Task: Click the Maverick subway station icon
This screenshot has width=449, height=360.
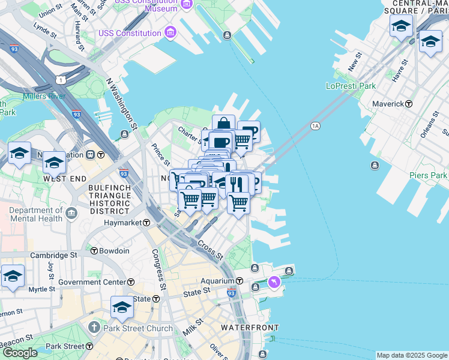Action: click(x=409, y=104)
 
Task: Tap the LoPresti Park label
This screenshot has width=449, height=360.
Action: click(x=351, y=86)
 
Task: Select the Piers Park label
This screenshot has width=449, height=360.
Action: click(x=429, y=175)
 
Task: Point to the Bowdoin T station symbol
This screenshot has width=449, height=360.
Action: click(x=94, y=251)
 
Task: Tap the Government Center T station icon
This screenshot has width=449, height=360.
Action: click(x=130, y=282)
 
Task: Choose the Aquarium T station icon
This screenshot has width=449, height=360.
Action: click(x=239, y=281)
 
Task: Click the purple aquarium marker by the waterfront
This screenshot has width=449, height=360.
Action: click(x=274, y=281)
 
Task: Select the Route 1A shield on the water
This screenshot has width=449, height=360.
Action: click(x=315, y=126)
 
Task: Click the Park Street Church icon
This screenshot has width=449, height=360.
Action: click(x=94, y=328)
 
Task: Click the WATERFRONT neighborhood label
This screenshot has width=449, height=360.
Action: click(x=249, y=328)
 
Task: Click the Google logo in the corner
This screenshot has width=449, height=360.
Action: click(x=19, y=353)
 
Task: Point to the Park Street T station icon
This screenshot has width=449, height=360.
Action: click(x=89, y=346)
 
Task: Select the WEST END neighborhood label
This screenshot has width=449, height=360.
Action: click(x=62, y=179)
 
